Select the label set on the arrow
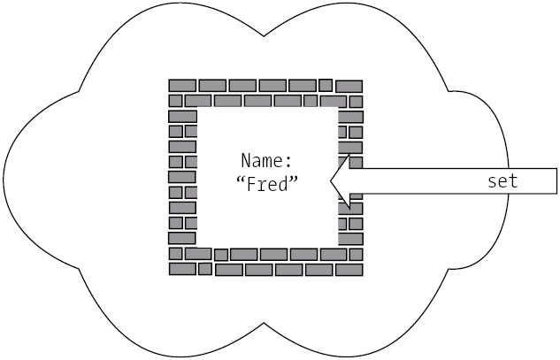point(502,181)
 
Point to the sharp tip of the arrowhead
point(331,181)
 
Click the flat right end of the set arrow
point(556,181)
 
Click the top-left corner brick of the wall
point(182,86)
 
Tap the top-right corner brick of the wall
point(349,86)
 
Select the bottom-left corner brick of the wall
point(183,268)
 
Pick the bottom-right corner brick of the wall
point(349,269)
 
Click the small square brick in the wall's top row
point(326,85)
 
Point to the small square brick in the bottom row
point(205,268)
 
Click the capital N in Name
point(246,161)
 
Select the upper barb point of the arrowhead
point(349,156)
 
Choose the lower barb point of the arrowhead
point(349,208)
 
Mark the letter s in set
point(493,182)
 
